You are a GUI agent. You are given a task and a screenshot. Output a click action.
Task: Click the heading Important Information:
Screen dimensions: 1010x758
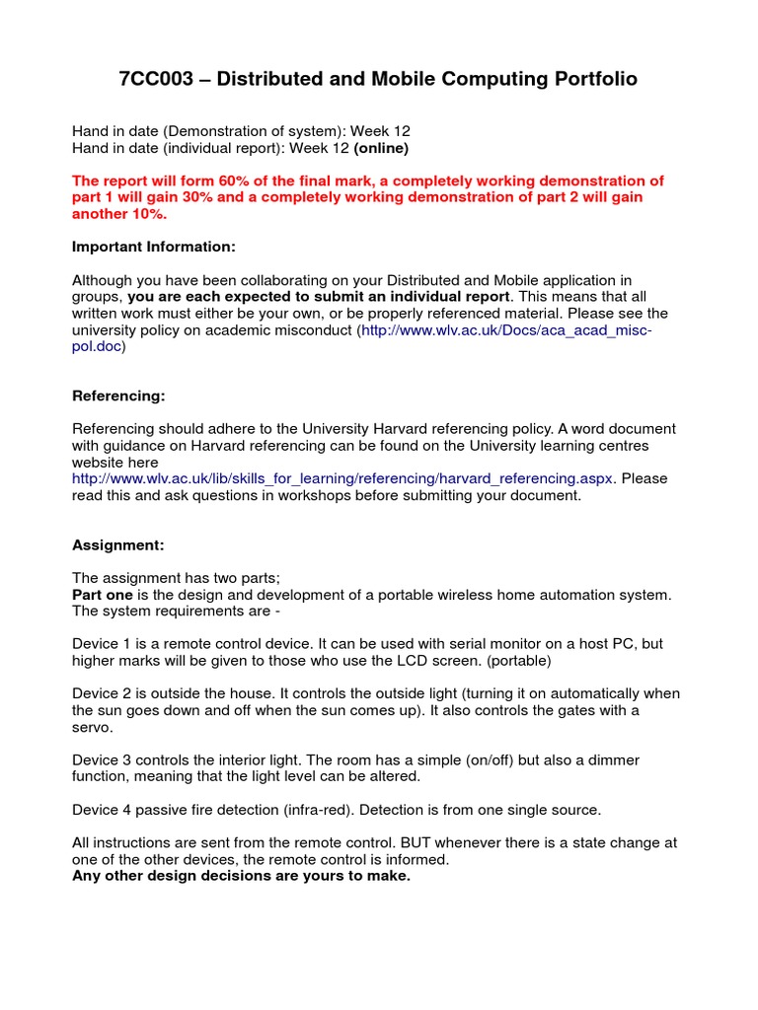(x=154, y=246)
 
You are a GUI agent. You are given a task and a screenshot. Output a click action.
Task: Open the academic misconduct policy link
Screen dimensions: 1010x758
(x=506, y=330)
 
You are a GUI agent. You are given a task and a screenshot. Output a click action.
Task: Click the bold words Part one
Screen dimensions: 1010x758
(x=103, y=594)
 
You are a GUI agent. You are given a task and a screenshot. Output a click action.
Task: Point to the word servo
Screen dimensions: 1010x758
(x=94, y=727)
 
